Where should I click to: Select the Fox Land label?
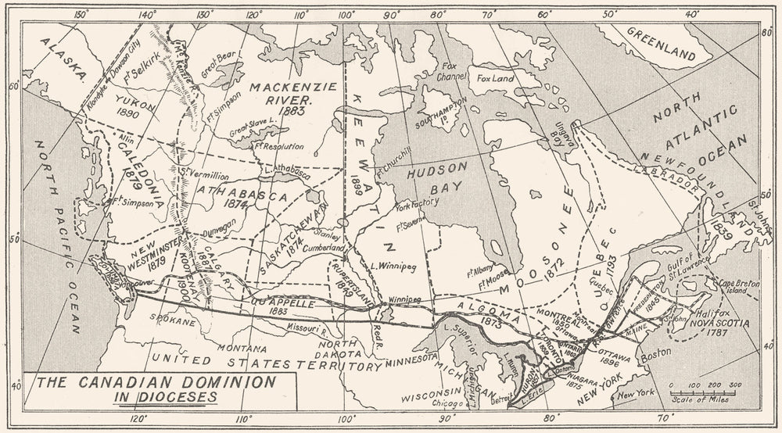[495, 78]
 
